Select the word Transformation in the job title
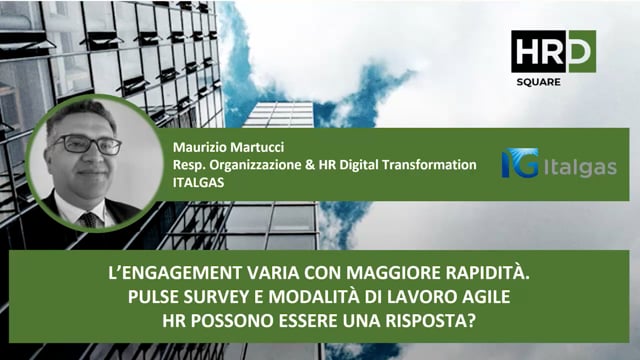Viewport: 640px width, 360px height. click(x=427, y=164)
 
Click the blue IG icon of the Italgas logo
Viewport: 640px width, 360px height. click(x=520, y=163)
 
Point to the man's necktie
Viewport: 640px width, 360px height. click(x=91, y=219)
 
